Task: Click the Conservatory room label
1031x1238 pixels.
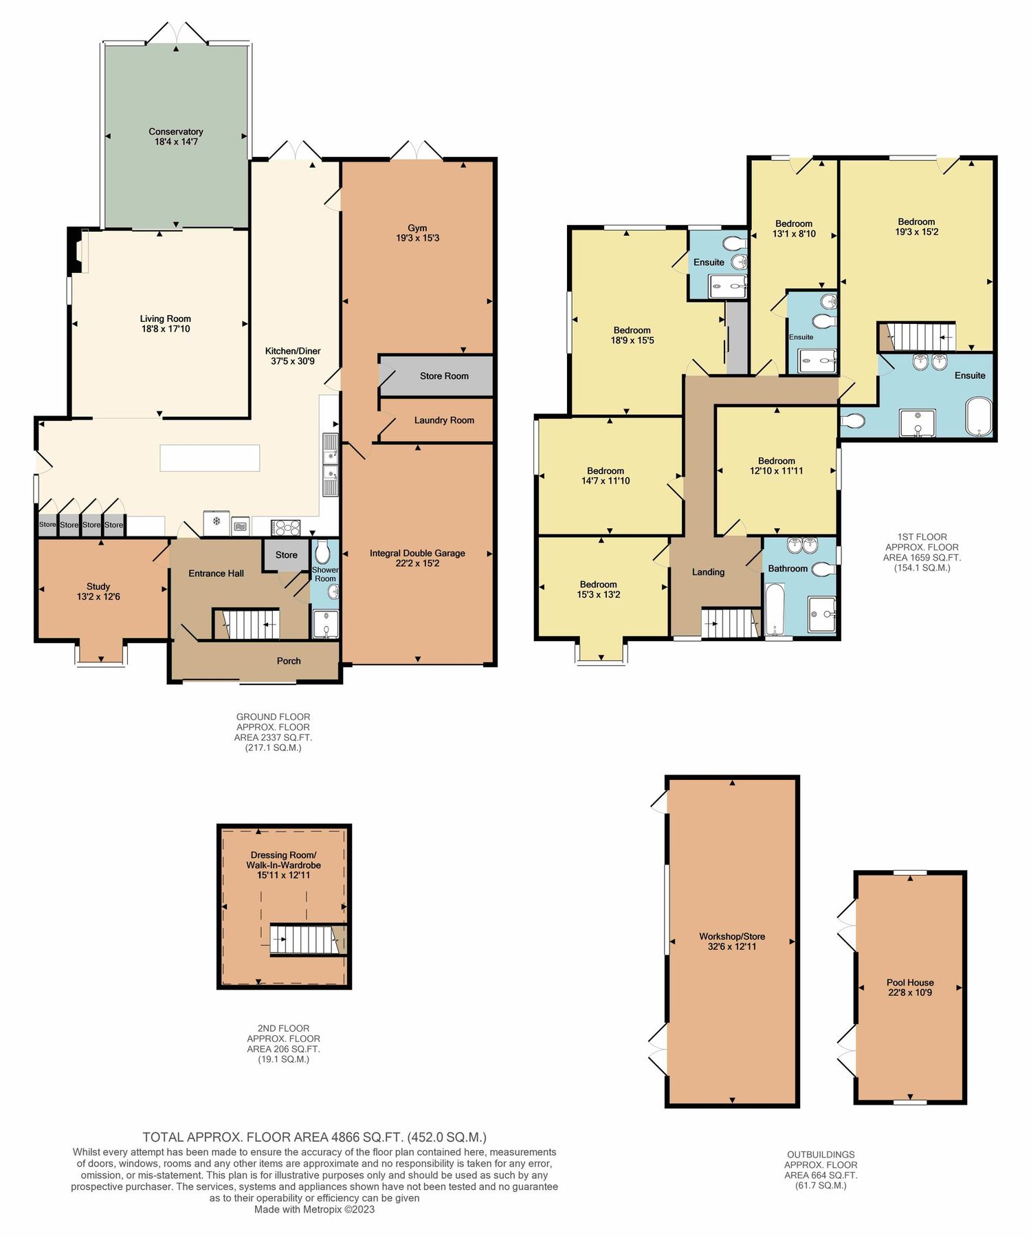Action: tap(176, 131)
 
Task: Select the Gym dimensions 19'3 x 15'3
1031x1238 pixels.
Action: tap(417, 238)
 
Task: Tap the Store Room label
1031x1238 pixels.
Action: tap(444, 376)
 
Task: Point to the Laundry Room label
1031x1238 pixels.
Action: tap(444, 420)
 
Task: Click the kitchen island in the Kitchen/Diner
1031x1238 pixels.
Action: tap(210, 458)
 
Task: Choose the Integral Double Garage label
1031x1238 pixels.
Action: tap(417, 553)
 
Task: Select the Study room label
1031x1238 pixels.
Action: tap(98, 587)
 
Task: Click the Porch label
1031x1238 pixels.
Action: tap(289, 661)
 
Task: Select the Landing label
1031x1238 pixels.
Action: tap(708, 572)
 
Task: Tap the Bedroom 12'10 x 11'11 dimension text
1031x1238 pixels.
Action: tap(776, 471)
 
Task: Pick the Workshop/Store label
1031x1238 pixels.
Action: tap(732, 936)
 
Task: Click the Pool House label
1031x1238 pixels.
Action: tap(910, 983)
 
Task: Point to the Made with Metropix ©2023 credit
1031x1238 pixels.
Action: tap(314, 1210)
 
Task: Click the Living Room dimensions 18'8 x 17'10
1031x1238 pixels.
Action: tap(166, 329)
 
